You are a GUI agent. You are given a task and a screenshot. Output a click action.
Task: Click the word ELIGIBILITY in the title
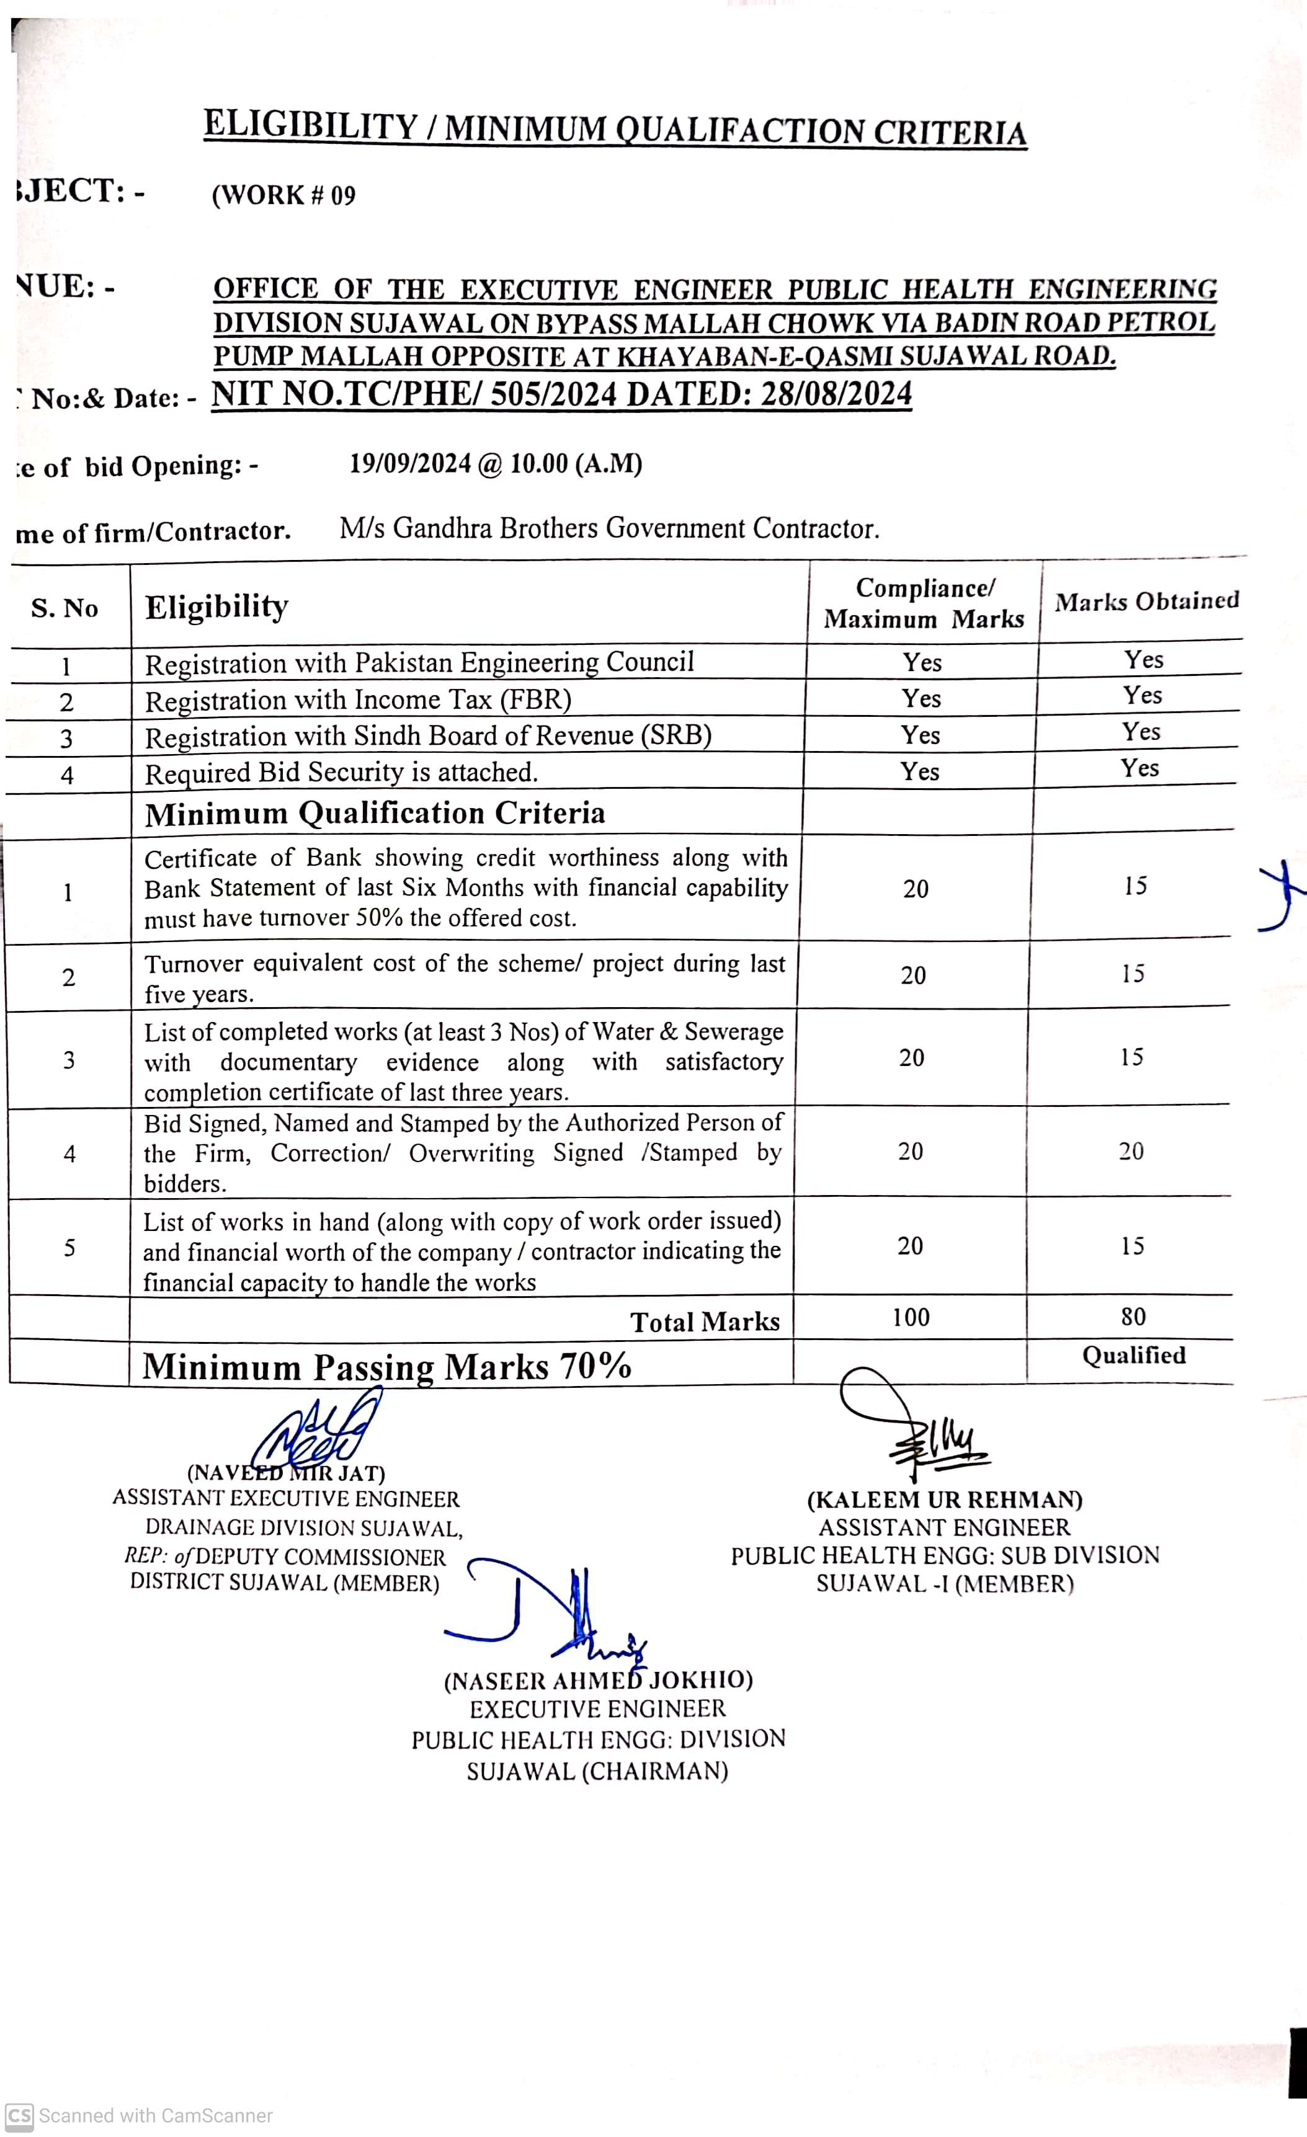pos(311,126)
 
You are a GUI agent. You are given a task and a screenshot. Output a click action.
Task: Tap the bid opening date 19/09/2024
pos(410,464)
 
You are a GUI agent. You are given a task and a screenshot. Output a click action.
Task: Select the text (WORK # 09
pos(283,195)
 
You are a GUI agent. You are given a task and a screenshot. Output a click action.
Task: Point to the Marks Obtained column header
pos(1146,601)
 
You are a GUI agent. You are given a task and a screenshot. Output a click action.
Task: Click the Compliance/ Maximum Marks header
pos(924,603)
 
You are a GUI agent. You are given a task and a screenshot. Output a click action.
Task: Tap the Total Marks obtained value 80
pos(1133,1317)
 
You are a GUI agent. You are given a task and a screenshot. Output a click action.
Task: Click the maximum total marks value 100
pos(911,1317)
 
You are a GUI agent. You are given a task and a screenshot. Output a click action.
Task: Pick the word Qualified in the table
pos(1133,1356)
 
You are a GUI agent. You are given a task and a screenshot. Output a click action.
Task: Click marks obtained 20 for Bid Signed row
pos(1131,1151)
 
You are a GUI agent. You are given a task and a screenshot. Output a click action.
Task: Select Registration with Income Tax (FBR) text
pos(357,700)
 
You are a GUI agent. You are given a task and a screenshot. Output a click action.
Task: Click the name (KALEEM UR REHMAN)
pos(945,1499)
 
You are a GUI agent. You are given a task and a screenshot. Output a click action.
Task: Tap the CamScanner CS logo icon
pos(19,2115)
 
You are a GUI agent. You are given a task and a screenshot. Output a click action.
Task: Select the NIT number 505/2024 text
pos(553,394)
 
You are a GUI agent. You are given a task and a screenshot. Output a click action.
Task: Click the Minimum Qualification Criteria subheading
pos(375,814)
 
